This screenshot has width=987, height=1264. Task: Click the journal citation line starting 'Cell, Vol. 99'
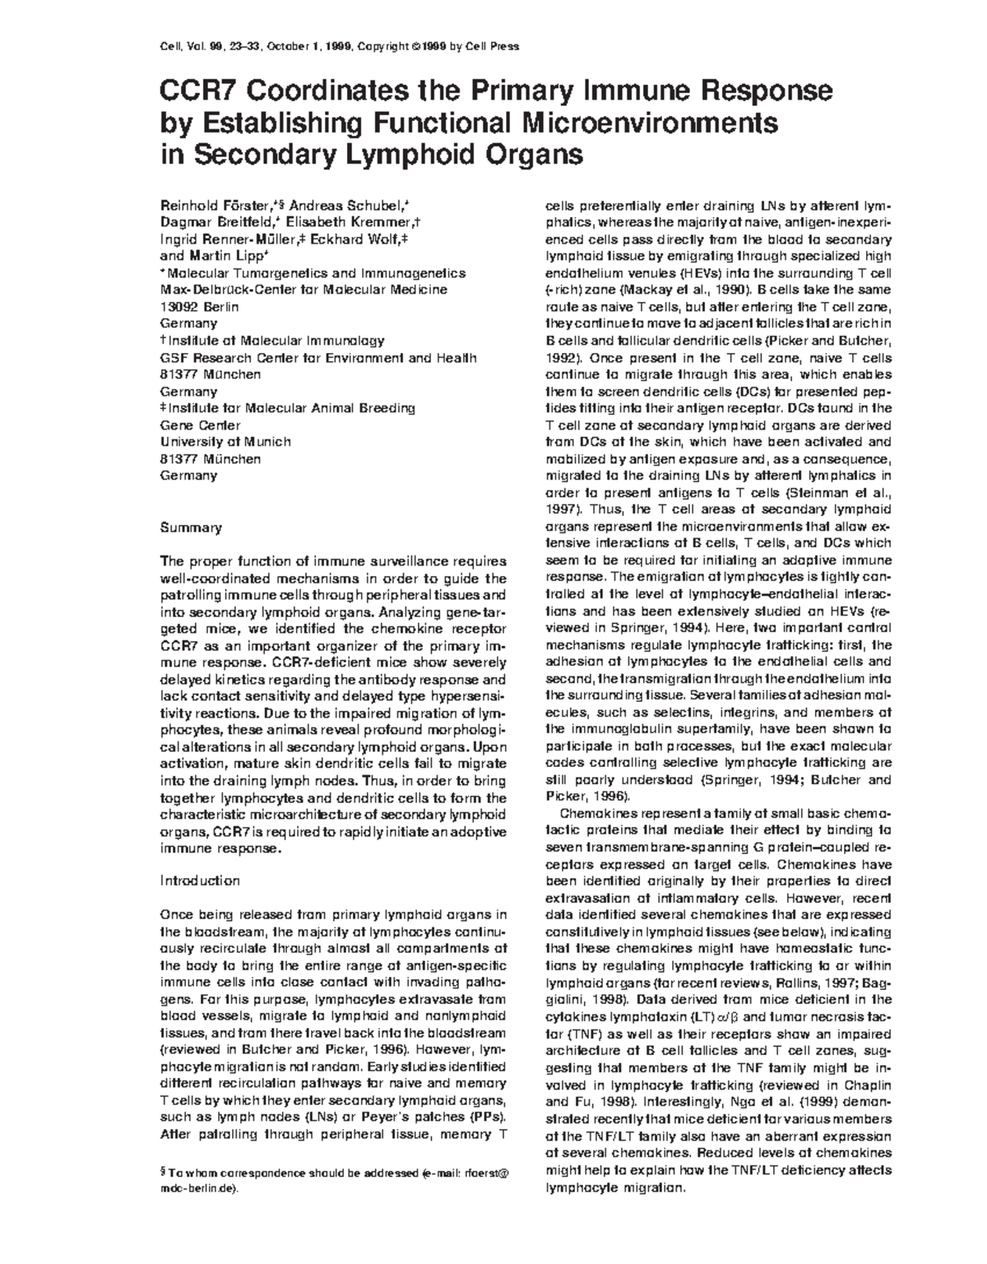[338, 46]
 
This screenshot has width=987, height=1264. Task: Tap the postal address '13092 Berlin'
[198, 307]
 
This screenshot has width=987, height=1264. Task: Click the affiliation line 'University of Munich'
[225, 441]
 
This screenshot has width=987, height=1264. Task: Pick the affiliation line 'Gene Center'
[199, 425]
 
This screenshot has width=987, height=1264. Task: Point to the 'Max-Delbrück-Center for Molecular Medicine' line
[304, 290]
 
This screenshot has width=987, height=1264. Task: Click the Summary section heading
[190, 527]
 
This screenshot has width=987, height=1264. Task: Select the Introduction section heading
[200, 881]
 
